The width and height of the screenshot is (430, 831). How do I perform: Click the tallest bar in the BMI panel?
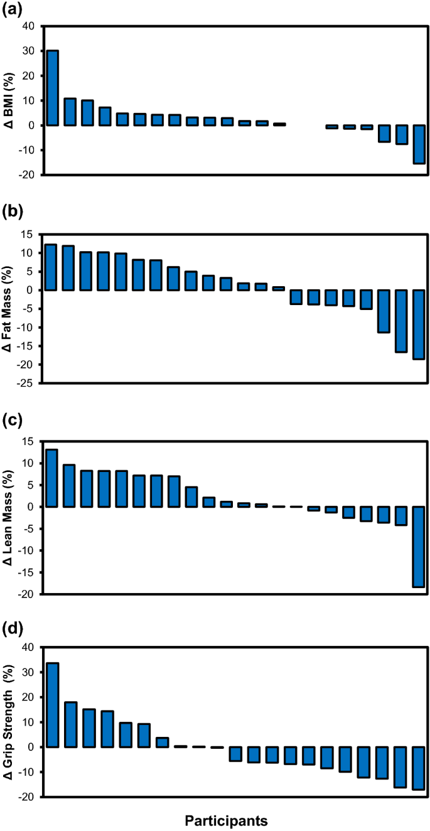[53, 88]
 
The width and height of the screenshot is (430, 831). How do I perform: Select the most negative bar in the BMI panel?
[419, 144]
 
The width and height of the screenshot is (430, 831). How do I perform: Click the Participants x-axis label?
[227, 820]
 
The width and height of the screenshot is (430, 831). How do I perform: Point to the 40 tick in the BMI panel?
[28, 26]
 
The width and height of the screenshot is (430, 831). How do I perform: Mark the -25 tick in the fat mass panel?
[27, 383]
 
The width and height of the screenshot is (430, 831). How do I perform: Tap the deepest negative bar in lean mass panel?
[419, 547]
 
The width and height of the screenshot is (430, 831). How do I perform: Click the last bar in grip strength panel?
[418, 768]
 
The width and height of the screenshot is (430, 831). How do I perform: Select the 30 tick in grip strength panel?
[28, 672]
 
